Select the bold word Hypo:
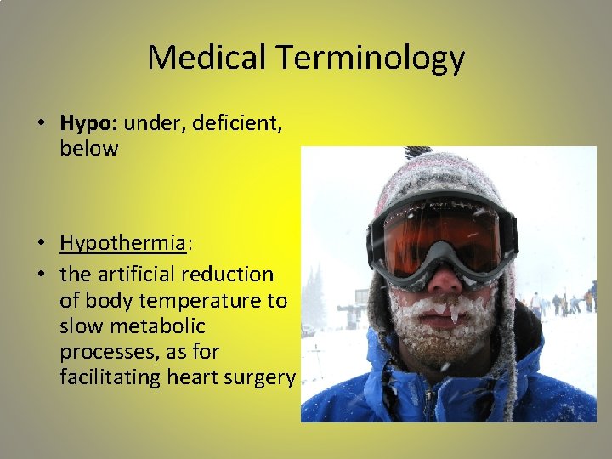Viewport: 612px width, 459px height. (89, 123)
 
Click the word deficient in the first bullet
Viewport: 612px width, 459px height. (233, 123)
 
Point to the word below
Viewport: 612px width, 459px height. (88, 149)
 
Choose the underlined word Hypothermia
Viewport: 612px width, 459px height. (122, 243)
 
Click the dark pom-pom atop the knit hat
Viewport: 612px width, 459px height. (418, 152)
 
